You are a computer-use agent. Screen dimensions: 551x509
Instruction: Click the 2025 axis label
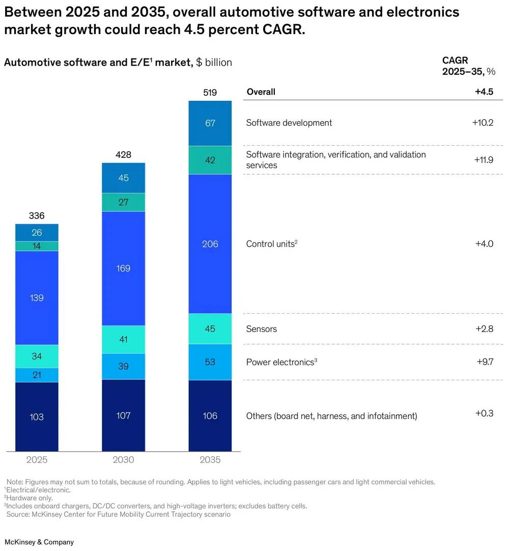[37, 460]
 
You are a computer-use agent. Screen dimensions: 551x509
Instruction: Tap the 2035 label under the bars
[210, 460]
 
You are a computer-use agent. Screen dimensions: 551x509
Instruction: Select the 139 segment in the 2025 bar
[37, 298]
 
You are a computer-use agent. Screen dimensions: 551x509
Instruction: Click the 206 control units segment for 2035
[210, 244]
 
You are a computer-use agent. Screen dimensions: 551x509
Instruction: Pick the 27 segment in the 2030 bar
[124, 202]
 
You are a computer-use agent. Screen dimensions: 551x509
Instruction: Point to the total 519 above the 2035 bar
[210, 93]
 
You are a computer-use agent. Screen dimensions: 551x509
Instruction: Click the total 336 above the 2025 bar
[37, 216]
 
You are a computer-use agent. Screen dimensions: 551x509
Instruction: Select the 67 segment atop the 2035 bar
[210, 123]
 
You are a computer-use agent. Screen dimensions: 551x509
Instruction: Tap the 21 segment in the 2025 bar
[37, 375]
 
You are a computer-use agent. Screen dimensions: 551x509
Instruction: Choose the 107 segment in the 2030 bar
[124, 416]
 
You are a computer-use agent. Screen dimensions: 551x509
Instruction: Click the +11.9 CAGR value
[484, 159]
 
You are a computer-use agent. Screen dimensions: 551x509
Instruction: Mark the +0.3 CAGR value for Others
[484, 413]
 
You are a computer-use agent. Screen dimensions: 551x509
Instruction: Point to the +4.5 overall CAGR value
[484, 92]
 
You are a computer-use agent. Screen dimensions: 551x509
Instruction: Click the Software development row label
[289, 123]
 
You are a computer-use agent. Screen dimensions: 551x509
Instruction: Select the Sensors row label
[262, 329]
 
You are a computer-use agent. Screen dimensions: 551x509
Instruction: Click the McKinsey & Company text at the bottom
[39, 542]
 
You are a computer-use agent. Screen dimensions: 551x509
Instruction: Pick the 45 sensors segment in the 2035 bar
[210, 329]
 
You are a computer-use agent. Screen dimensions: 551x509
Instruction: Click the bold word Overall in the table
[261, 92]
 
